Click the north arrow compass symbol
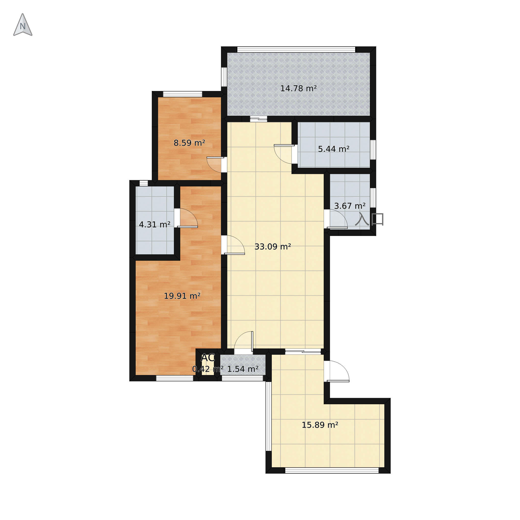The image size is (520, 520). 23,25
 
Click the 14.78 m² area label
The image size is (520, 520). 298,89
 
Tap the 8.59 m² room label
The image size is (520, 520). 189,143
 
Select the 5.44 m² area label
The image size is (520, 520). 334,149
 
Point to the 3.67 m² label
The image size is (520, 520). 350,206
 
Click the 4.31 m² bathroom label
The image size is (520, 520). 155,224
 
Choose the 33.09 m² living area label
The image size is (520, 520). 273,247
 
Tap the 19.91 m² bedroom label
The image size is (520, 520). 182,296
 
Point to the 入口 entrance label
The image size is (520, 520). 369,219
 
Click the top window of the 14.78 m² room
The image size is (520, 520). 296,50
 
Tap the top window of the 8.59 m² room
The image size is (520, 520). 183,94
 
